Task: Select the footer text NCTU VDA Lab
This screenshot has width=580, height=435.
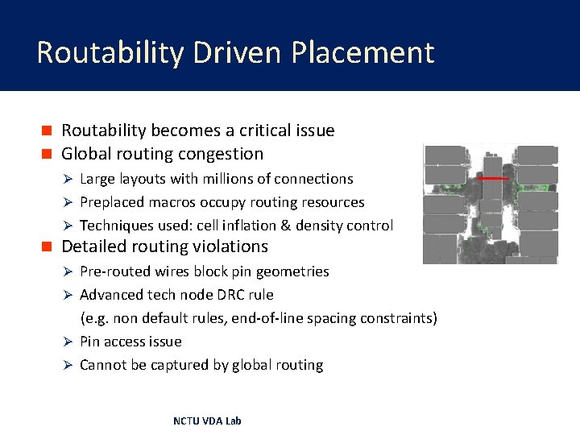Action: point(207,420)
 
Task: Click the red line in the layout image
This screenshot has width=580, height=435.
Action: point(493,178)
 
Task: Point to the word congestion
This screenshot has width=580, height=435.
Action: point(226,154)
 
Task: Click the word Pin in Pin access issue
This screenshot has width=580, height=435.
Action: point(90,342)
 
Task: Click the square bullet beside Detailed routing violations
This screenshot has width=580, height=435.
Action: point(48,246)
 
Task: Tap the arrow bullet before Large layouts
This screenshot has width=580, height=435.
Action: point(69,179)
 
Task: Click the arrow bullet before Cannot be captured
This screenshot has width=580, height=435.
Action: point(69,365)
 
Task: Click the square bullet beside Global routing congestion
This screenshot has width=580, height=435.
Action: point(48,154)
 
